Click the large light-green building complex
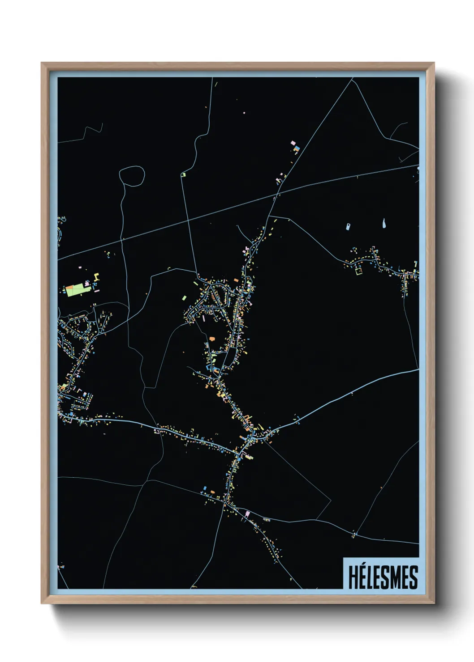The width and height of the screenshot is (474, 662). [74, 290]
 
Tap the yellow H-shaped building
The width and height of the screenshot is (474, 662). [96, 280]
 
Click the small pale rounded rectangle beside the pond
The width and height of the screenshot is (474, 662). [348, 226]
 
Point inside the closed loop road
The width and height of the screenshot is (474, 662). [132, 175]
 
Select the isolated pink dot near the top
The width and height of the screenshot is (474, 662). [244, 113]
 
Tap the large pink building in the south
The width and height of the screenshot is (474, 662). [248, 514]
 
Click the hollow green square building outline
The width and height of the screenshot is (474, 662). [358, 270]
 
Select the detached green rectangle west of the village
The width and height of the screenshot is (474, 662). [184, 297]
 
